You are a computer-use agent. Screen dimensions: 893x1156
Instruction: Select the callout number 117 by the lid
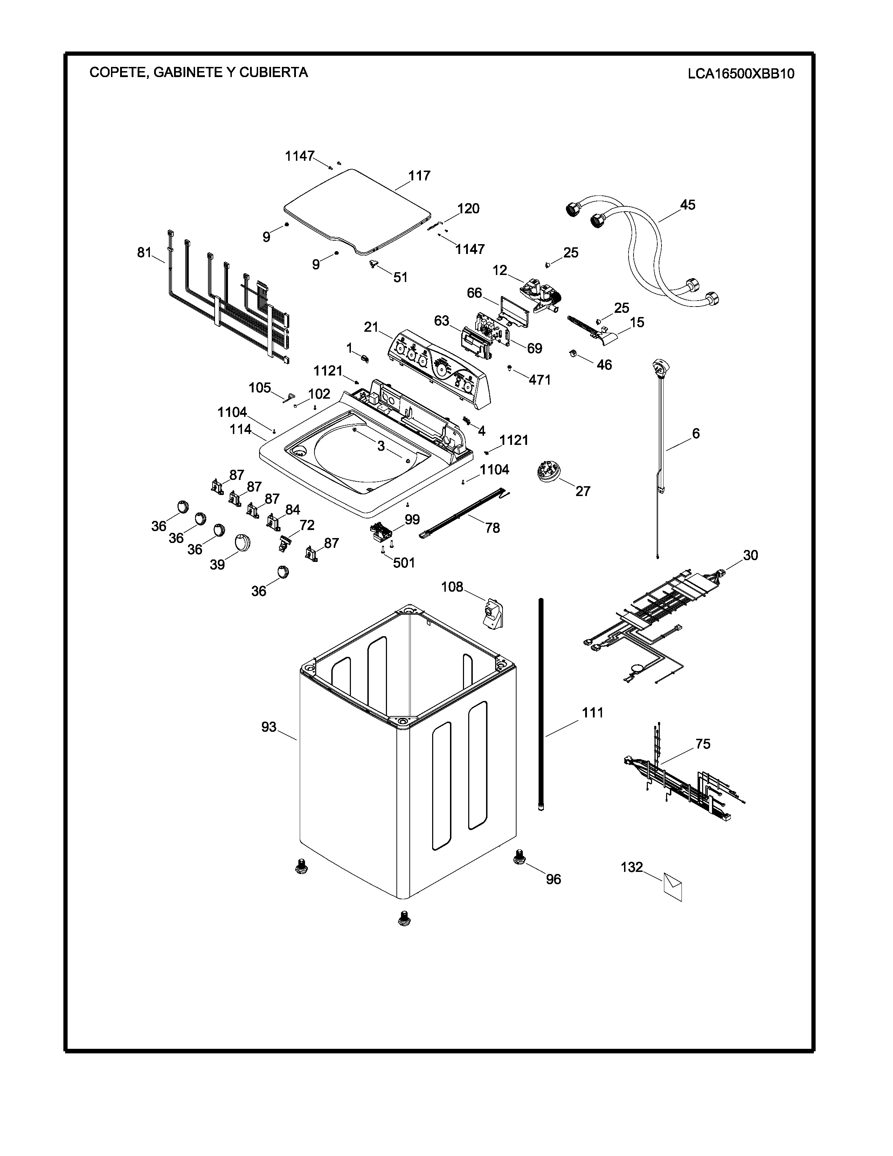(420, 176)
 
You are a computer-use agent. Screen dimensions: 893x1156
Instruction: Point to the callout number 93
(269, 727)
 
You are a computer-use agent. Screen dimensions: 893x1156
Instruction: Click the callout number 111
(593, 713)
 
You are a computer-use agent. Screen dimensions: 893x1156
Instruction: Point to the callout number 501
(404, 563)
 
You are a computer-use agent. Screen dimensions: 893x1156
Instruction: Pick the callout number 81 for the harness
(144, 253)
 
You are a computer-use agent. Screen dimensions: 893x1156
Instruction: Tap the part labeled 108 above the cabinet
(492, 614)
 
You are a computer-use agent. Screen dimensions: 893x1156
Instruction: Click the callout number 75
(702, 744)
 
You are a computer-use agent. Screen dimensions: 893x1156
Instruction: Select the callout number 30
(750, 555)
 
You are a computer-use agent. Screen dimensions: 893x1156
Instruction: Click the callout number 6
(696, 434)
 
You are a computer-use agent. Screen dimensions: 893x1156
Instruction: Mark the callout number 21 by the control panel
(371, 327)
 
